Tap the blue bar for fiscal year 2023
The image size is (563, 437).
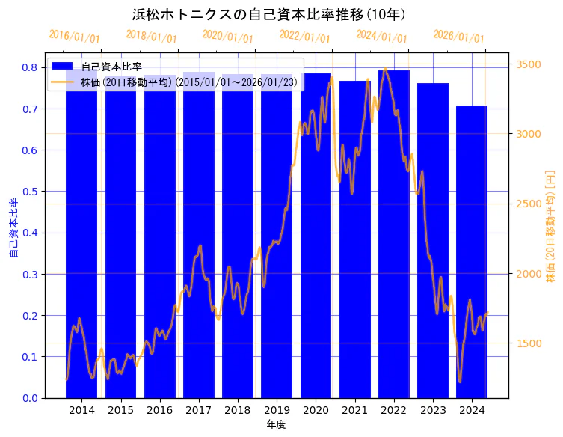coord(433,240)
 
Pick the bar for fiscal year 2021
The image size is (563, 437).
coord(354,239)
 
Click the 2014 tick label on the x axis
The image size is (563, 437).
coord(81,410)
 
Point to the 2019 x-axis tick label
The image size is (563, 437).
coord(277,410)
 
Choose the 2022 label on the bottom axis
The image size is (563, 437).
coord(393,410)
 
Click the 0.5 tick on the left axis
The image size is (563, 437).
coord(29,192)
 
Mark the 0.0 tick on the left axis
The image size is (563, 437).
coord(29,398)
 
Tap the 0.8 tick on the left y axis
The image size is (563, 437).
coord(29,67)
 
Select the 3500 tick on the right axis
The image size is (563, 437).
coord(528,64)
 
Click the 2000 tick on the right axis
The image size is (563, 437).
coord(528,274)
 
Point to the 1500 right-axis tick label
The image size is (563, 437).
coord(528,343)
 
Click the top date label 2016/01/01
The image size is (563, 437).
coord(74,37)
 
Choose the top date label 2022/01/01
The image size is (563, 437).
coord(304,37)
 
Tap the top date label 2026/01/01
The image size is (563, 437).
coord(458,37)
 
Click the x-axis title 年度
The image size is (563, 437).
coord(277,424)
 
